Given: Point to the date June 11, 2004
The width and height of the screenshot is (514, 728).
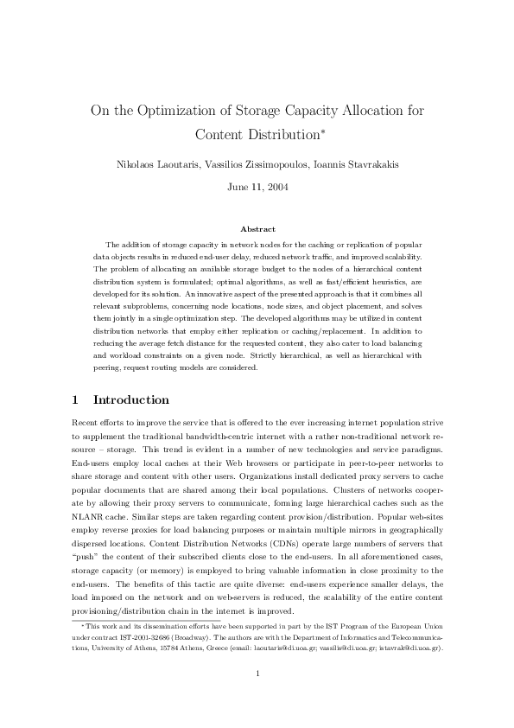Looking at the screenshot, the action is click(257, 186).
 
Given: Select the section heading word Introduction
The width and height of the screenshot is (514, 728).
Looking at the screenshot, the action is click(130, 400).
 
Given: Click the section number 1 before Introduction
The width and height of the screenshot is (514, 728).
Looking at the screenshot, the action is click(74, 400).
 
